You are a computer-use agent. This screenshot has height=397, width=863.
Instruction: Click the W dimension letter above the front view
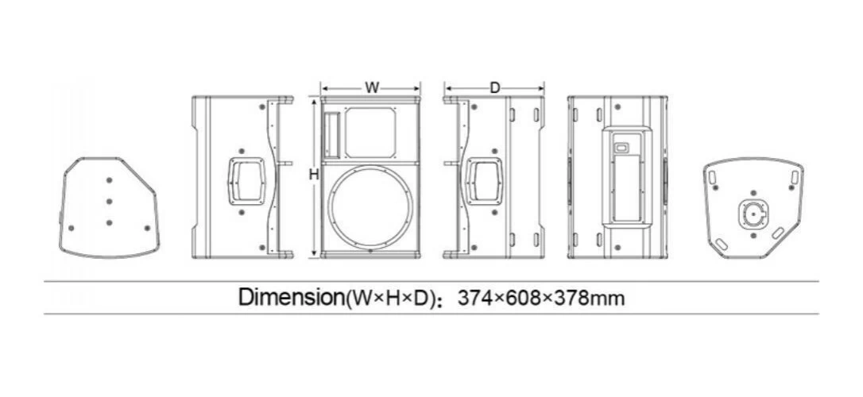[x=373, y=88]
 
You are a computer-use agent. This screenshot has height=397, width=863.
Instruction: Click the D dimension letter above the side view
[x=495, y=88]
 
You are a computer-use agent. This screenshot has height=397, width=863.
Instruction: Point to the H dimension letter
[x=314, y=175]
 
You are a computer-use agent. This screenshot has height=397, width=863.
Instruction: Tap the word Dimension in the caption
[x=291, y=298]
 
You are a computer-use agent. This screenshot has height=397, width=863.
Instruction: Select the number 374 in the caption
[x=475, y=298]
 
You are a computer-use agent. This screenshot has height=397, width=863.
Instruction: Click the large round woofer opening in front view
[x=370, y=208]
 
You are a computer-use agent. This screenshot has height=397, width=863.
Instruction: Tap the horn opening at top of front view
[x=370, y=133]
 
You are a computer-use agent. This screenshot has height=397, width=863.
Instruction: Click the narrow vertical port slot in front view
[x=332, y=135]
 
